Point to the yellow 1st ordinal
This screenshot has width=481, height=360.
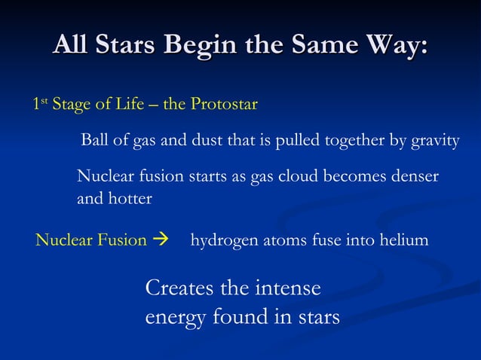click(40, 104)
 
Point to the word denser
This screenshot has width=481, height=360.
click(413, 176)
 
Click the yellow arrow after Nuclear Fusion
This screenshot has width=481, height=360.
click(161, 241)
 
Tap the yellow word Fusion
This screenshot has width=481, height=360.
click(122, 241)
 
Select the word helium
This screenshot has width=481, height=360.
click(406, 241)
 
